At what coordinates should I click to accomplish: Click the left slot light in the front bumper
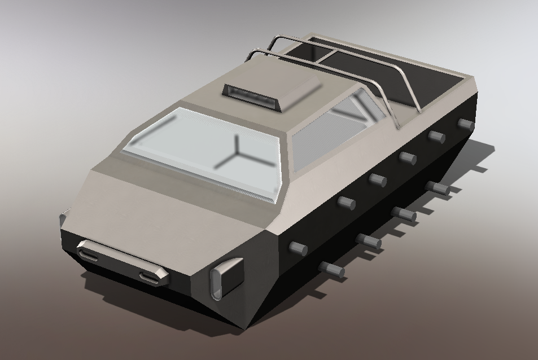click(x=90, y=256)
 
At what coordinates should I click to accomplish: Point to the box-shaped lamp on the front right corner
click(x=226, y=278)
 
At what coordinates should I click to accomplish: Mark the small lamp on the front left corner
click(x=64, y=217)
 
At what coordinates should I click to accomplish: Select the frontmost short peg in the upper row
click(x=298, y=248)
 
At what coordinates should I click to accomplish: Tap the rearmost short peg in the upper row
click(x=465, y=124)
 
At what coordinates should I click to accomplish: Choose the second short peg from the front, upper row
click(x=345, y=203)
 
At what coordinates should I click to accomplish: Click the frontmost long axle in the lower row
click(x=331, y=270)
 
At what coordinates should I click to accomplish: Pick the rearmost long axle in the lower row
click(x=438, y=188)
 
